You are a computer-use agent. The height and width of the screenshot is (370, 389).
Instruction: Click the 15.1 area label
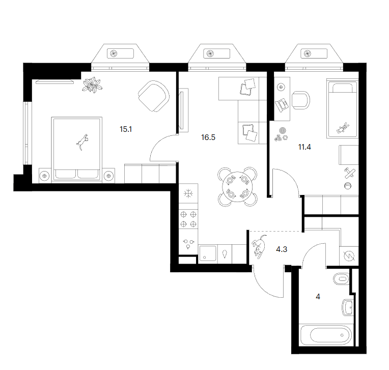pos(126,129)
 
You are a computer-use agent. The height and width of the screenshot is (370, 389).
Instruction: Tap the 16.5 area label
pos(208,137)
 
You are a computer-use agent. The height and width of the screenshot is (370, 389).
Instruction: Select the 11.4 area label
pos(304,147)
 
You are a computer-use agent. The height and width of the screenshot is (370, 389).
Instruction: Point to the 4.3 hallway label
pos(282,249)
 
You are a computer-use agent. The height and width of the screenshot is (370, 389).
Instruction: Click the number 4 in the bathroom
pos(318,296)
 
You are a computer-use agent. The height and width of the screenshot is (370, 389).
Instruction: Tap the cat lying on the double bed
pos(82,142)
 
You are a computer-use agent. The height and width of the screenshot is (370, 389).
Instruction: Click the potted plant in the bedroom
pos(92,85)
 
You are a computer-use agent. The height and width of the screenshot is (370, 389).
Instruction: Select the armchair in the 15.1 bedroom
pos(154,96)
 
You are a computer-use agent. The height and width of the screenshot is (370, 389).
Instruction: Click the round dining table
pos(237,187)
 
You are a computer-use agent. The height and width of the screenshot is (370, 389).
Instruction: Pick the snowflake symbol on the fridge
pos(188,193)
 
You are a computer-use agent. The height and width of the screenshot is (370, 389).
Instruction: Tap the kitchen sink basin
pos(207,253)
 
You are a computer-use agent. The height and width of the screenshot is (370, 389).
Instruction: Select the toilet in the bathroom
pos(341,279)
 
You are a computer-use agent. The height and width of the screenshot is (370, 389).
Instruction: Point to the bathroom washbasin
pos(347,307)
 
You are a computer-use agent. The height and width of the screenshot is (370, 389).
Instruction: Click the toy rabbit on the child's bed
pos(343,128)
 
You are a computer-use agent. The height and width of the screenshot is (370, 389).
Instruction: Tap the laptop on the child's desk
pos(282,105)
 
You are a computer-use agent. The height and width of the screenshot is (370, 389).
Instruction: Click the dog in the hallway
pos(259,246)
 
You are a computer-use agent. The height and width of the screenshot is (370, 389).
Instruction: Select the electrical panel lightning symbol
pos(349,256)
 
